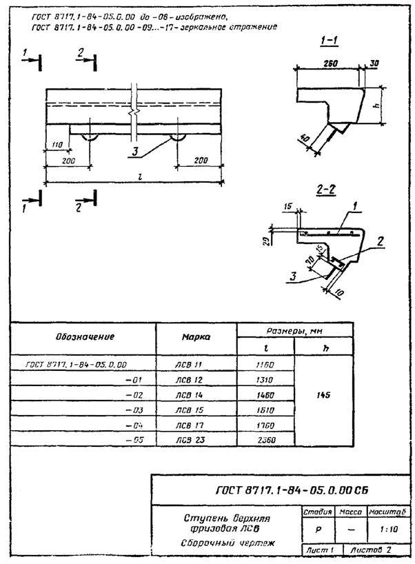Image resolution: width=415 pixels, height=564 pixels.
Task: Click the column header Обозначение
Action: coord(85,337)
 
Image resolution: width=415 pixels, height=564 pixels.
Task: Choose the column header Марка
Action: coord(196,338)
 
